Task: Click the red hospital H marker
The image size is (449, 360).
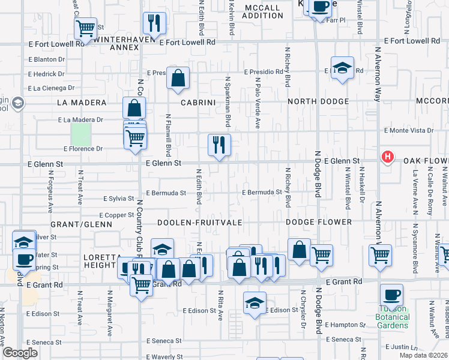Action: click(388, 158)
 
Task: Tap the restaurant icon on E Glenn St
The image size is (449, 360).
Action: click(219, 145)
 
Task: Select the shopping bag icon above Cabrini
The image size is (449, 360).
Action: click(178, 78)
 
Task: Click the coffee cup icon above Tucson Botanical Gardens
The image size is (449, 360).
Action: click(391, 295)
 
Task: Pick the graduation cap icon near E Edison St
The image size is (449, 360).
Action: click(255, 303)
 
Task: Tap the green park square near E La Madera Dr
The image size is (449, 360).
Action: click(80, 133)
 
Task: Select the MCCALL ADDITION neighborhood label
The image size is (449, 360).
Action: click(262, 11)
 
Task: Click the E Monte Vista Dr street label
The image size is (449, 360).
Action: click(408, 130)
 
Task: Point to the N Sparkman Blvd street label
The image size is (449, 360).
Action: click(228, 101)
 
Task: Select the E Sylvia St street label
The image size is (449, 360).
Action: click(118, 198)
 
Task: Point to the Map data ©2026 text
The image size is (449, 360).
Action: click(423, 355)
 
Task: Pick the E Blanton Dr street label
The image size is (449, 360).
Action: click(46, 59)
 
